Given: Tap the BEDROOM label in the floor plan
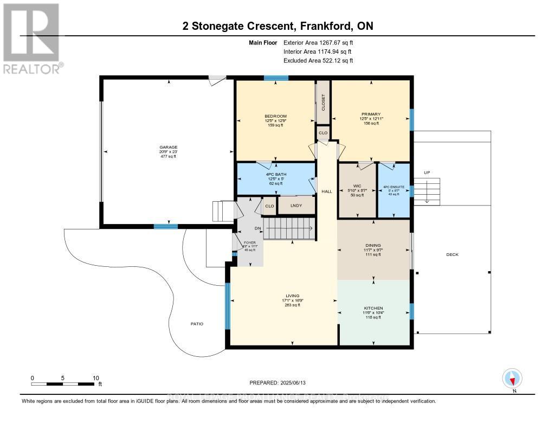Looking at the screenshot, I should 275,116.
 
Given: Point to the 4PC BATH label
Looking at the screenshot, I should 275,174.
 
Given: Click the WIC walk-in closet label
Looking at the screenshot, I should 357,186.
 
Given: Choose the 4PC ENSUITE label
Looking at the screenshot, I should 394,187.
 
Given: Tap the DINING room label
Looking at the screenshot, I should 373,245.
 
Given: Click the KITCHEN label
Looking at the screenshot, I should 373,308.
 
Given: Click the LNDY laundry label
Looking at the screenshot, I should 296,205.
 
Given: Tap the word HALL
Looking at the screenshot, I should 327,191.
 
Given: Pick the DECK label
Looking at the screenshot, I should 451,254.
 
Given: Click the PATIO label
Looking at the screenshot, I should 197,324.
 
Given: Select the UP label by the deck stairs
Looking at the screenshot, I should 427,172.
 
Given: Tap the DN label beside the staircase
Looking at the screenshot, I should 257,228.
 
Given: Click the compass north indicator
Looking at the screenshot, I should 512,378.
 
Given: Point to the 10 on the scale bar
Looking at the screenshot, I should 95,377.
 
